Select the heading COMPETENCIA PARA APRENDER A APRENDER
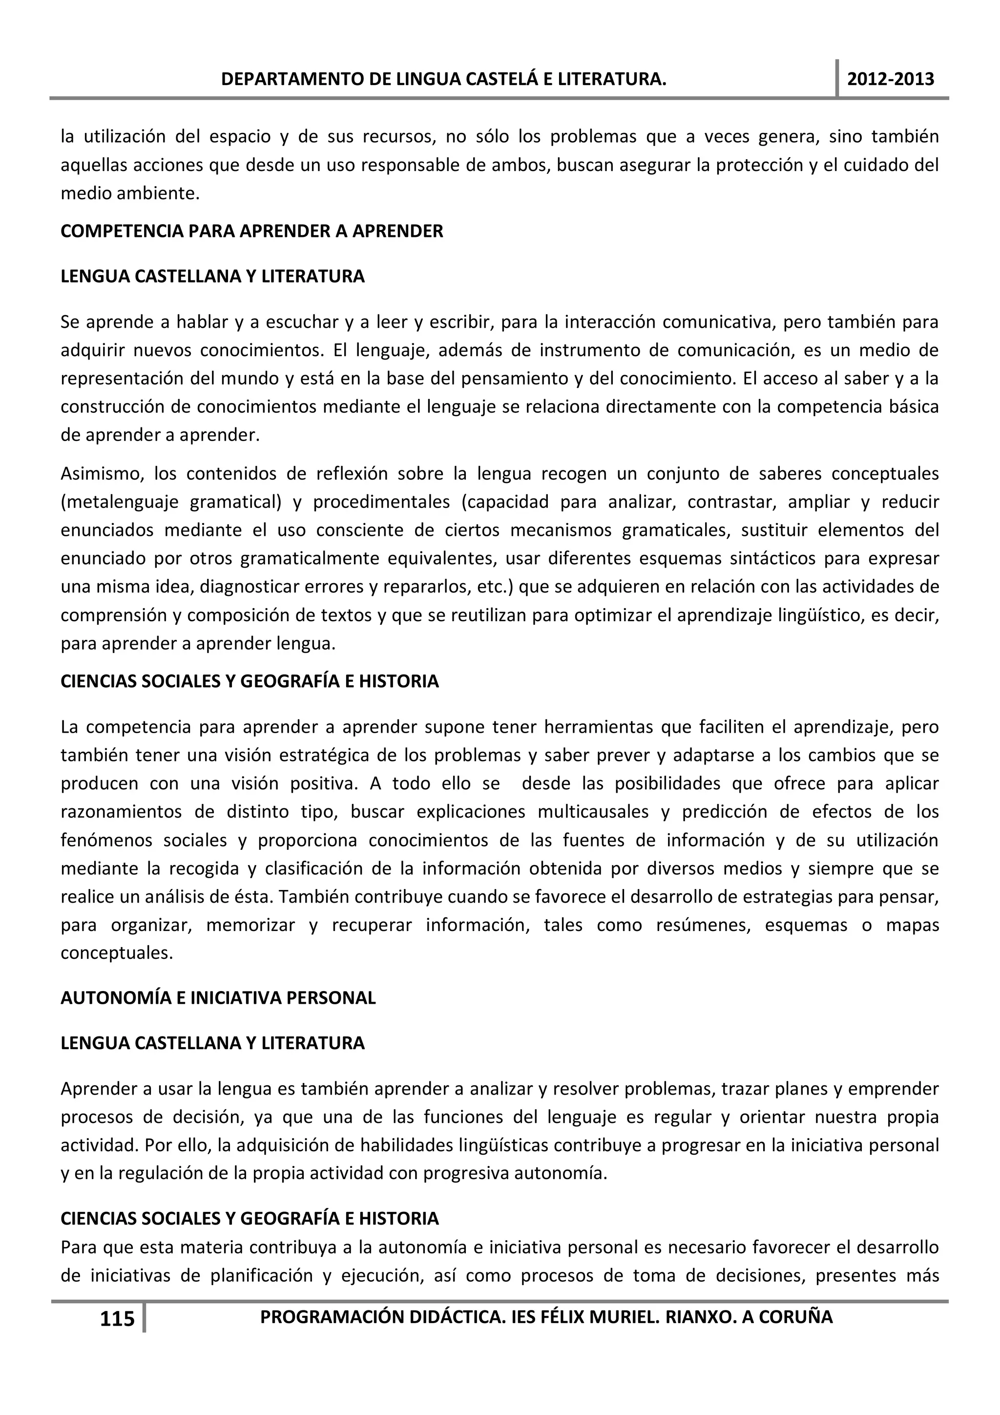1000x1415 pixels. point(251,231)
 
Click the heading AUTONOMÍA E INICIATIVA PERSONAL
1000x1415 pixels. point(218,998)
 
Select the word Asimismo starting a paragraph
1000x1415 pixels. point(102,473)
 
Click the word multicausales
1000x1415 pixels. point(593,812)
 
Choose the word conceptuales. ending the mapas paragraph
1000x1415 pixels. point(116,953)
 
